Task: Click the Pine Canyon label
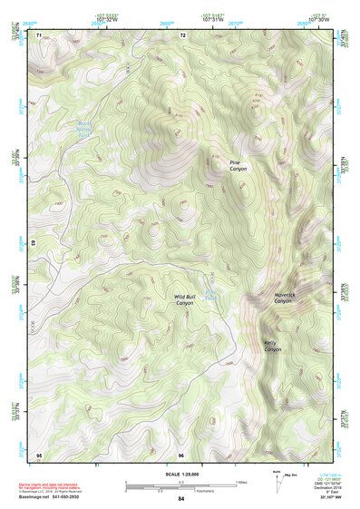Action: click(x=238, y=165)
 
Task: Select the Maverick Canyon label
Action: click(x=283, y=298)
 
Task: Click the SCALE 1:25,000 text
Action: click(x=180, y=473)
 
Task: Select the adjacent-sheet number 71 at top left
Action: click(x=39, y=34)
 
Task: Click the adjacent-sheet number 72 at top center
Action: click(x=182, y=34)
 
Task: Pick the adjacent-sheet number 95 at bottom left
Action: click(x=39, y=454)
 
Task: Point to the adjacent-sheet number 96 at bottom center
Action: click(x=180, y=454)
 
